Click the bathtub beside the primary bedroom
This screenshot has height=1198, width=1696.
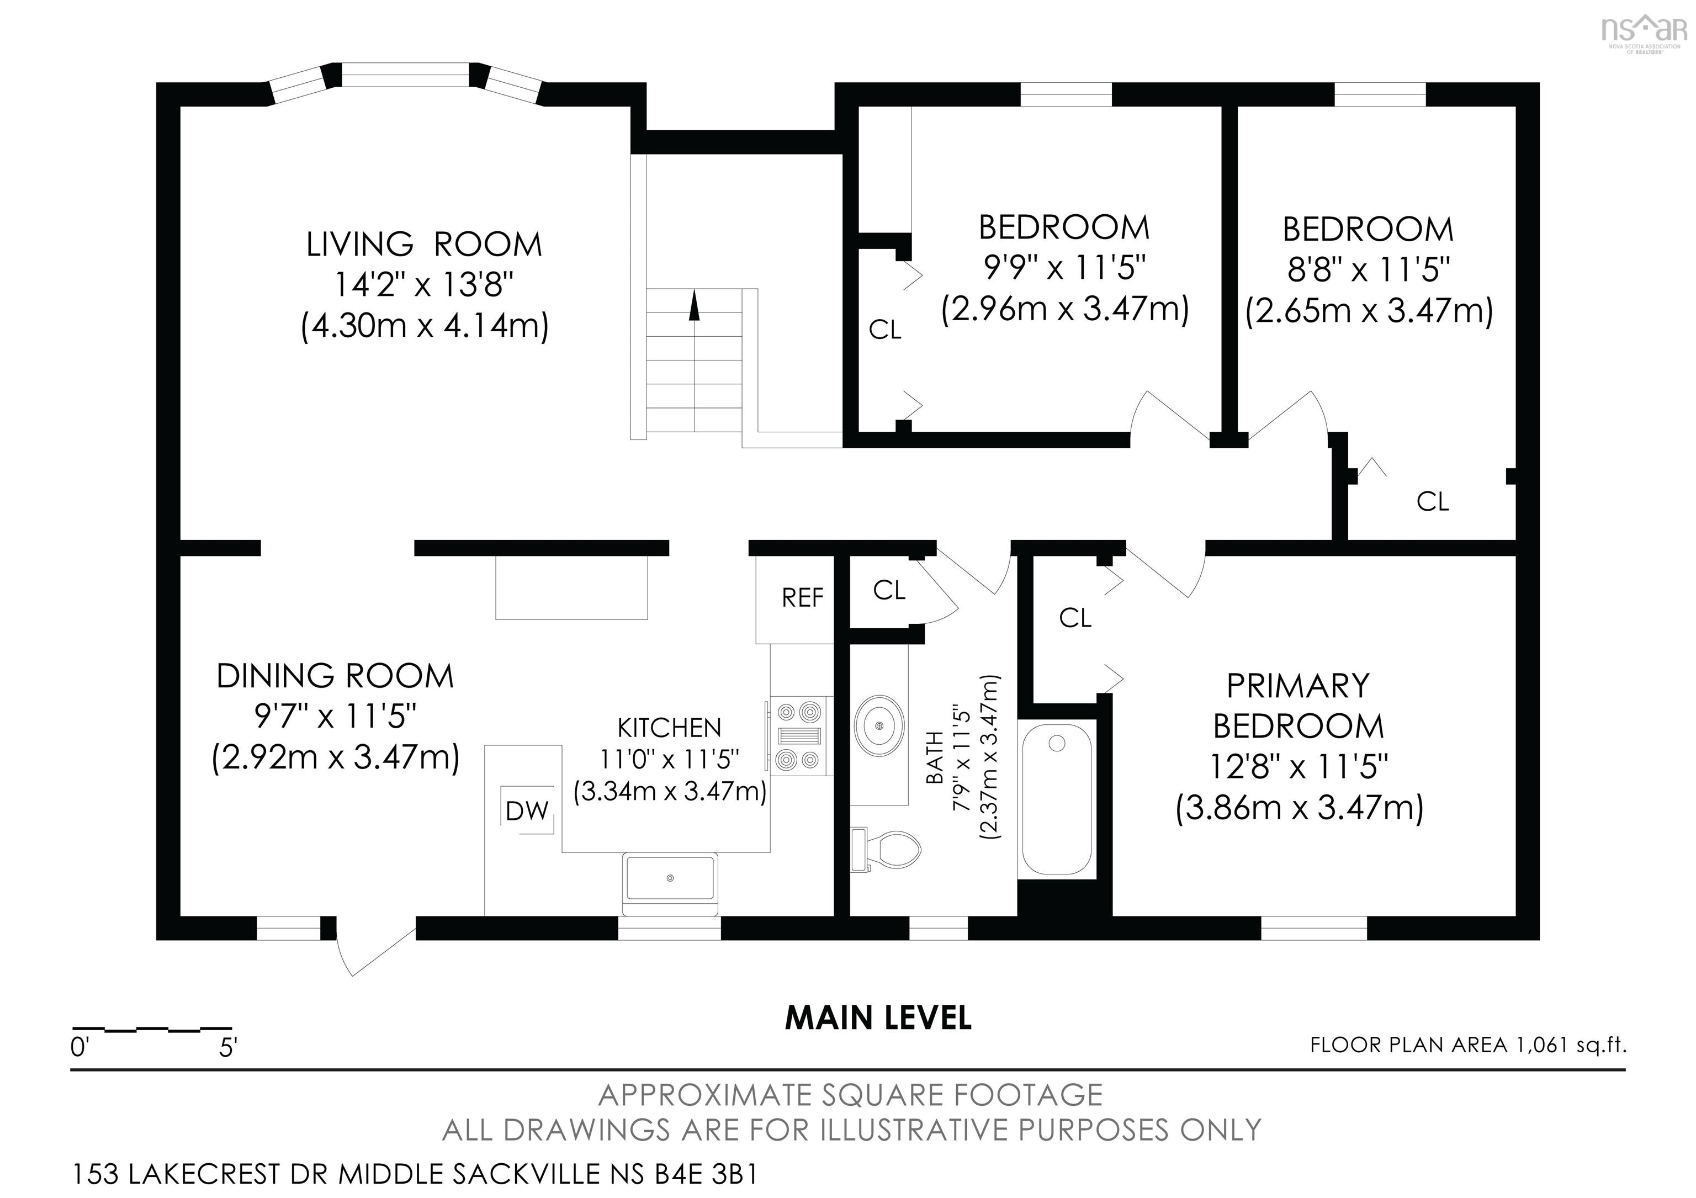point(1056,799)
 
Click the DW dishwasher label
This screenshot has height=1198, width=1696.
point(527,811)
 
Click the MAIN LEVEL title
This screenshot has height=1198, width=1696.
point(878,1019)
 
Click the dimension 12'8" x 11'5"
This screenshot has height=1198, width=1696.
point(1298,767)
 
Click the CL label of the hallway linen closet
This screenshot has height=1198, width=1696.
point(889,590)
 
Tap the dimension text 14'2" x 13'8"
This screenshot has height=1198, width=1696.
point(424,284)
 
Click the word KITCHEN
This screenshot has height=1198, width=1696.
point(669,728)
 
